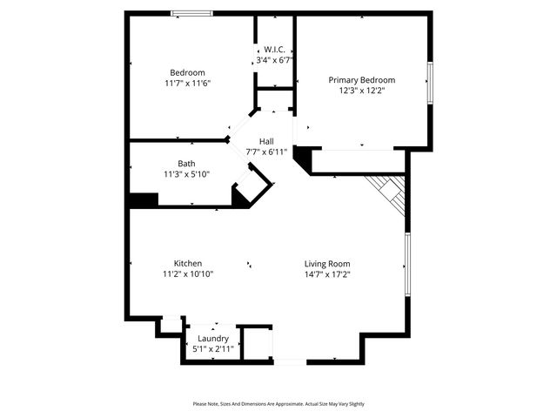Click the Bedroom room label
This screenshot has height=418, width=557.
pos(187,72)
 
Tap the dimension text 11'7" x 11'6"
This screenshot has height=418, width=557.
pos(187,83)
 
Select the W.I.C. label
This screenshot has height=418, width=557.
pos(275,50)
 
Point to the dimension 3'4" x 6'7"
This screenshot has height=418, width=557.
pos(275,60)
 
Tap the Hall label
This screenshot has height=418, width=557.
pos(266,141)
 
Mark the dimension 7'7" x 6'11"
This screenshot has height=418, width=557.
pos(266,152)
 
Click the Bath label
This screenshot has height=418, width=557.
pos(186,163)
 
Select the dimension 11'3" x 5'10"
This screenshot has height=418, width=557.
pos(186,173)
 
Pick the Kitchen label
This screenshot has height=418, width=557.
pos(188,263)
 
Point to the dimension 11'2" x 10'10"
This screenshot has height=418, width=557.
pos(188,273)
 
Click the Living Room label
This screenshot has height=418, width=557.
pos(327,263)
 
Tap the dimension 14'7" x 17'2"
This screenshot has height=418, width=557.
pos(327,273)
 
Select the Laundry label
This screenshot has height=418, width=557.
pos(213,338)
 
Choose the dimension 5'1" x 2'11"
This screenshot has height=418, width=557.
pos(213,348)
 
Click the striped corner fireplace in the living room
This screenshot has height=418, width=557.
pos(390,192)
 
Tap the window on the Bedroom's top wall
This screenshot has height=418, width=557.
pos(191,13)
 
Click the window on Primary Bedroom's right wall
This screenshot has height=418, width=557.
pos(429,82)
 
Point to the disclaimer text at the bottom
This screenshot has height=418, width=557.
pos(278,404)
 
